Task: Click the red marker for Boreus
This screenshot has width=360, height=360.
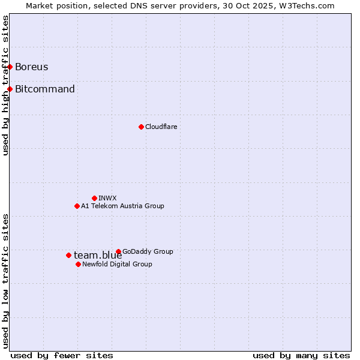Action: (10, 67)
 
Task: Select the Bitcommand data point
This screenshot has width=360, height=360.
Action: (10, 89)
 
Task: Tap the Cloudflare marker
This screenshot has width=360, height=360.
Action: (141, 127)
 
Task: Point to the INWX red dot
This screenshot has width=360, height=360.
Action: (94, 198)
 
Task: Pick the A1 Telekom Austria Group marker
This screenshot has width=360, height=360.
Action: (77, 206)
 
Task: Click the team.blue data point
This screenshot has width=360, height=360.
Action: (68, 255)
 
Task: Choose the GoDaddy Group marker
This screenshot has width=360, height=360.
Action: (118, 251)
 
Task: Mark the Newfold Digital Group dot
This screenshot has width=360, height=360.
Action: (78, 264)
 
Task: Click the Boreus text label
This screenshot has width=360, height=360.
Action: (32, 67)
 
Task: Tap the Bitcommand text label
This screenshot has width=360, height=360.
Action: (45, 89)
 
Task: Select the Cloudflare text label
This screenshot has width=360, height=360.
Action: (161, 127)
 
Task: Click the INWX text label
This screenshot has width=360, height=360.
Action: (107, 198)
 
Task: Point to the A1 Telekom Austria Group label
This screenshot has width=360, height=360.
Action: (122, 206)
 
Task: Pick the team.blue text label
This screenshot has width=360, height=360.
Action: (98, 255)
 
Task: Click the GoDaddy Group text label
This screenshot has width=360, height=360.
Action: (148, 251)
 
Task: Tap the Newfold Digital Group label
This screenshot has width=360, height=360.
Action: (117, 264)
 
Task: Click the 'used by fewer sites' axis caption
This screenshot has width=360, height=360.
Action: (62, 355)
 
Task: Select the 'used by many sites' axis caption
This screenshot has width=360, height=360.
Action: (301, 355)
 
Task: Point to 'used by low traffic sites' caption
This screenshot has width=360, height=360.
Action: (5, 281)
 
